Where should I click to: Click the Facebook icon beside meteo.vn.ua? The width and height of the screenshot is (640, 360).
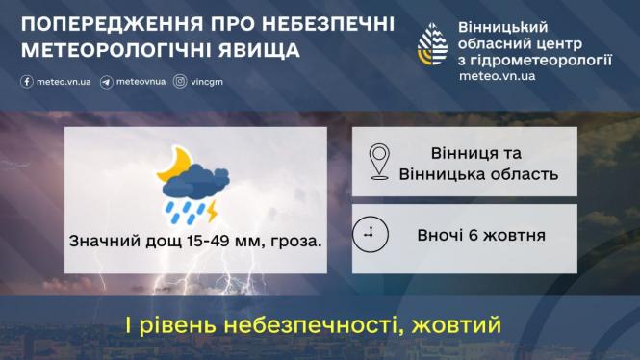(27, 82)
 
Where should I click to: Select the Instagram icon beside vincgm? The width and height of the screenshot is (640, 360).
(180, 82)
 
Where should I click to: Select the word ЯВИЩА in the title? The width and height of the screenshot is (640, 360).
(260, 48)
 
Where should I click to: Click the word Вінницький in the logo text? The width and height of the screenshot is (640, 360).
(497, 28)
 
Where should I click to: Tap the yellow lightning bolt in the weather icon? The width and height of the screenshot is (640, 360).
(211, 206)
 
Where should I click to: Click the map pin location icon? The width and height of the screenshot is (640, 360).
(379, 161)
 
